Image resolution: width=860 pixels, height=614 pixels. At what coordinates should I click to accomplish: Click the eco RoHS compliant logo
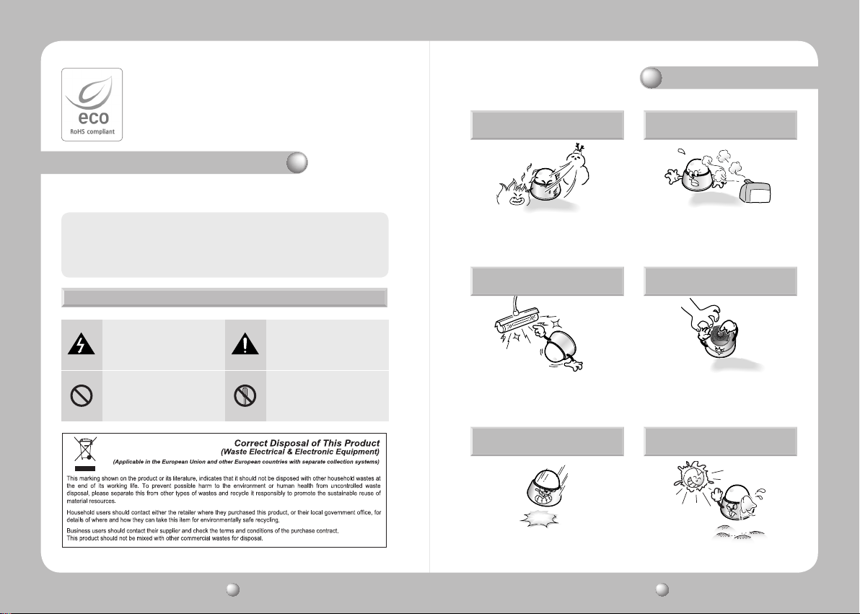tap(92, 105)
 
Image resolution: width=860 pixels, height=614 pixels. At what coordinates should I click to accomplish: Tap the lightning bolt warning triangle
tap(82, 345)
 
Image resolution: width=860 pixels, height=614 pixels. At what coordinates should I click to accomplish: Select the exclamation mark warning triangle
tap(245, 345)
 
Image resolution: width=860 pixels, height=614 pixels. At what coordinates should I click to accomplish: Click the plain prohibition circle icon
tap(82, 395)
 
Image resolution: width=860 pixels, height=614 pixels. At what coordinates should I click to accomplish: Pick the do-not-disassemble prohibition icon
tap(245, 395)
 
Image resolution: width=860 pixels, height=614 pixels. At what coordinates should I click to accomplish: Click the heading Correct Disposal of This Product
tap(307, 443)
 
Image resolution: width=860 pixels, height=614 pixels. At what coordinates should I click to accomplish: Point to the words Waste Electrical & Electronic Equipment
tap(300, 452)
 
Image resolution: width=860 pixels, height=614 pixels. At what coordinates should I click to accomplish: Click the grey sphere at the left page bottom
tap(232, 589)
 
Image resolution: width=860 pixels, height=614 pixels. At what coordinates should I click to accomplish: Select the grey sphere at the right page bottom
tap(662, 589)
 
